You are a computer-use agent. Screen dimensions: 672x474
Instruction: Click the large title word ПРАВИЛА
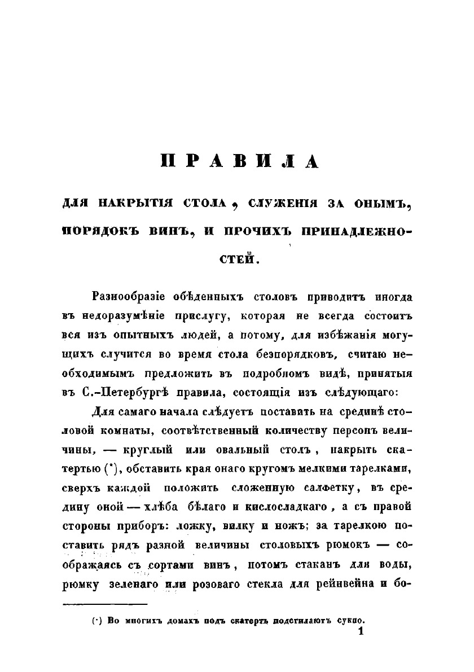[x=240, y=161]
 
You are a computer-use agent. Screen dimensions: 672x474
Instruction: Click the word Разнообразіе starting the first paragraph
[x=130, y=297]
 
